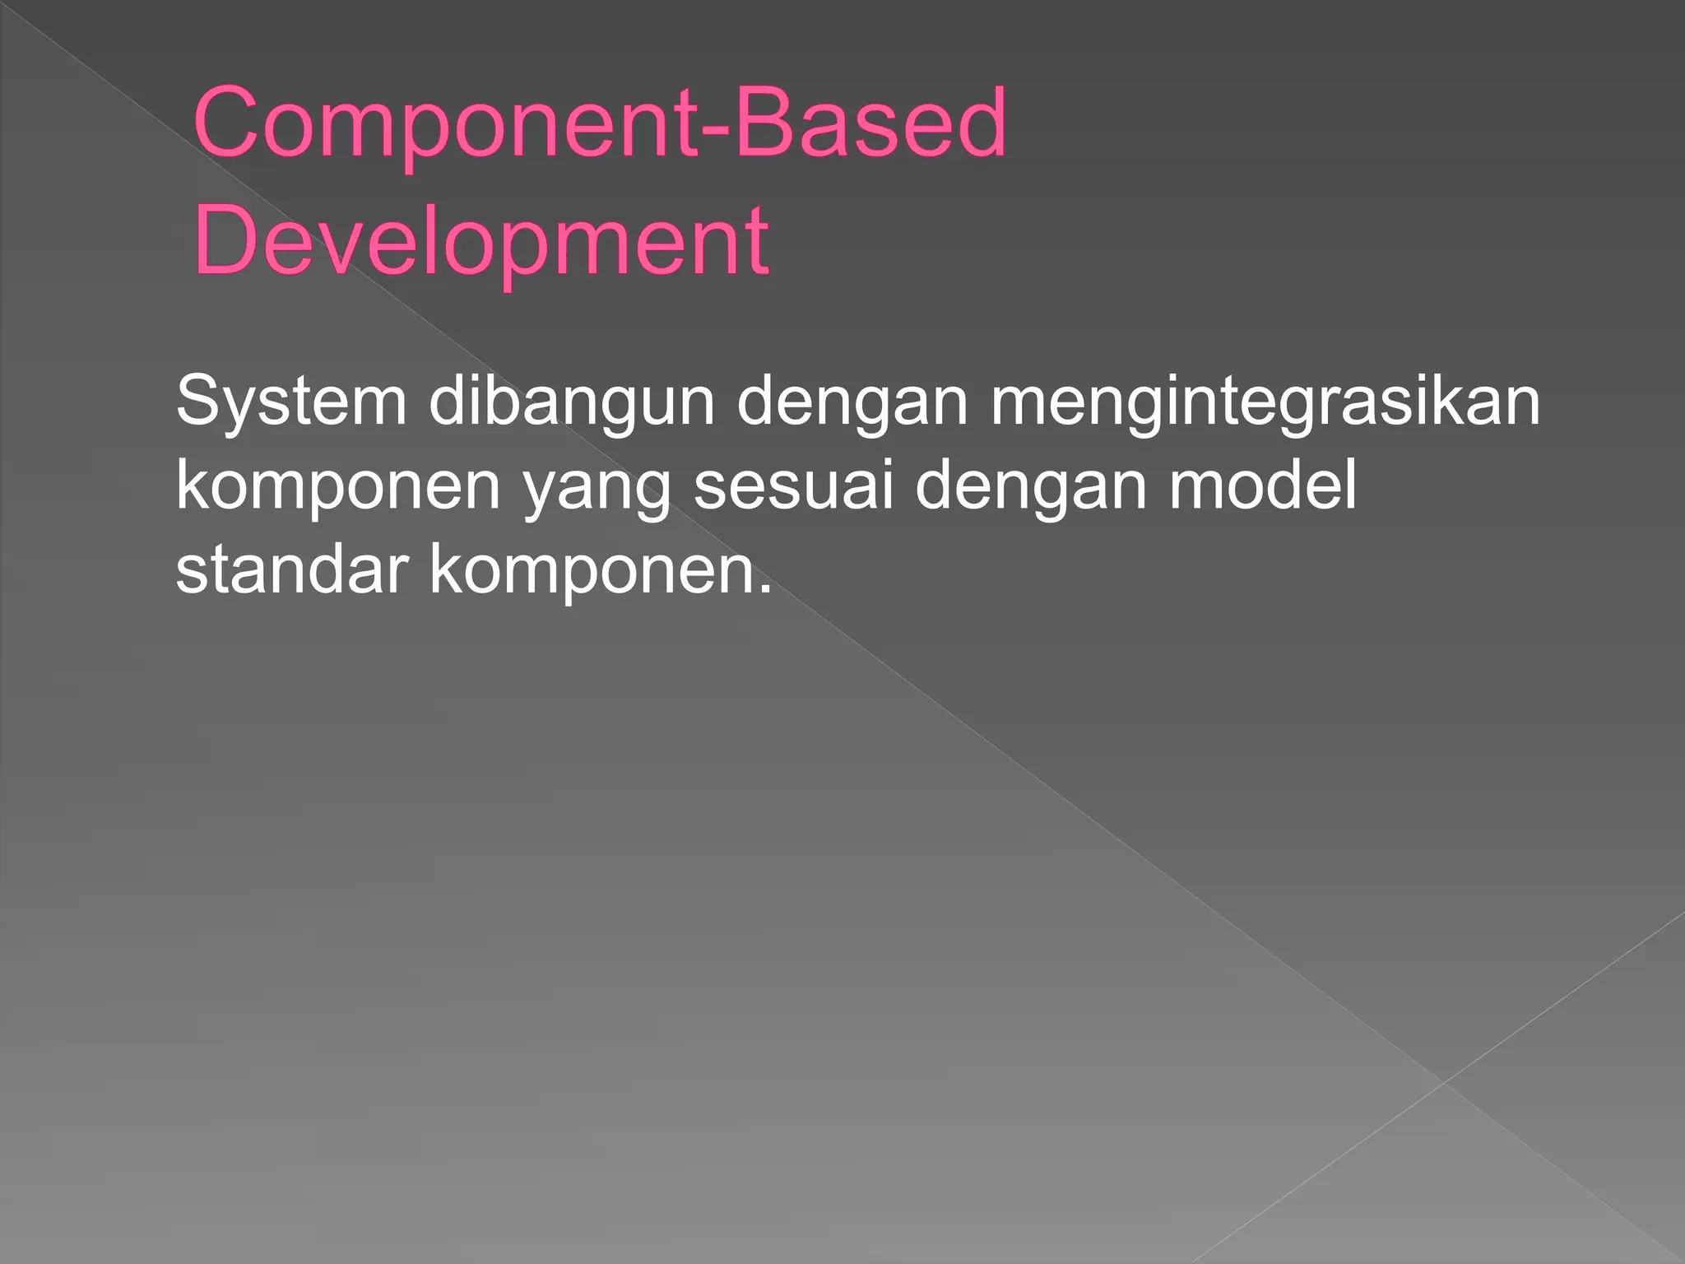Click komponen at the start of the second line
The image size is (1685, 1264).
(338, 488)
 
